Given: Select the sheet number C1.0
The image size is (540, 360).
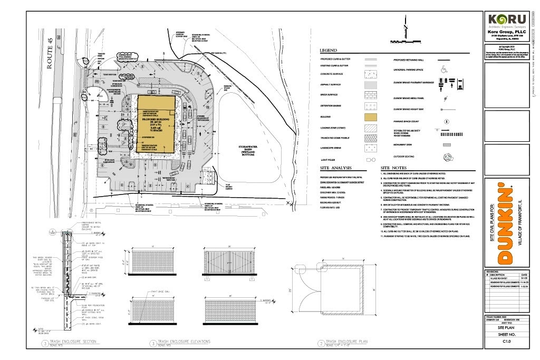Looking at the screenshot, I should coord(507,342).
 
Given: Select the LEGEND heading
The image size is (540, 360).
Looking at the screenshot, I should coord(329,51).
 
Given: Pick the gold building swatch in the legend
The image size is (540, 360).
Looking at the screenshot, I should coord(370,116).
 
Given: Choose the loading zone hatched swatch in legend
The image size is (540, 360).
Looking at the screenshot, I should coord(370,128).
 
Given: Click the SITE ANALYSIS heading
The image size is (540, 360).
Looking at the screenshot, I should coord(336,168).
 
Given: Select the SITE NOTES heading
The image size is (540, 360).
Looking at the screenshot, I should coord(394,168).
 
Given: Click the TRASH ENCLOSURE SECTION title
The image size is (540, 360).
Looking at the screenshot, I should coord(71,342).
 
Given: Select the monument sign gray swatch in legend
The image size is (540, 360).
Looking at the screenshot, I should coord(446,144).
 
